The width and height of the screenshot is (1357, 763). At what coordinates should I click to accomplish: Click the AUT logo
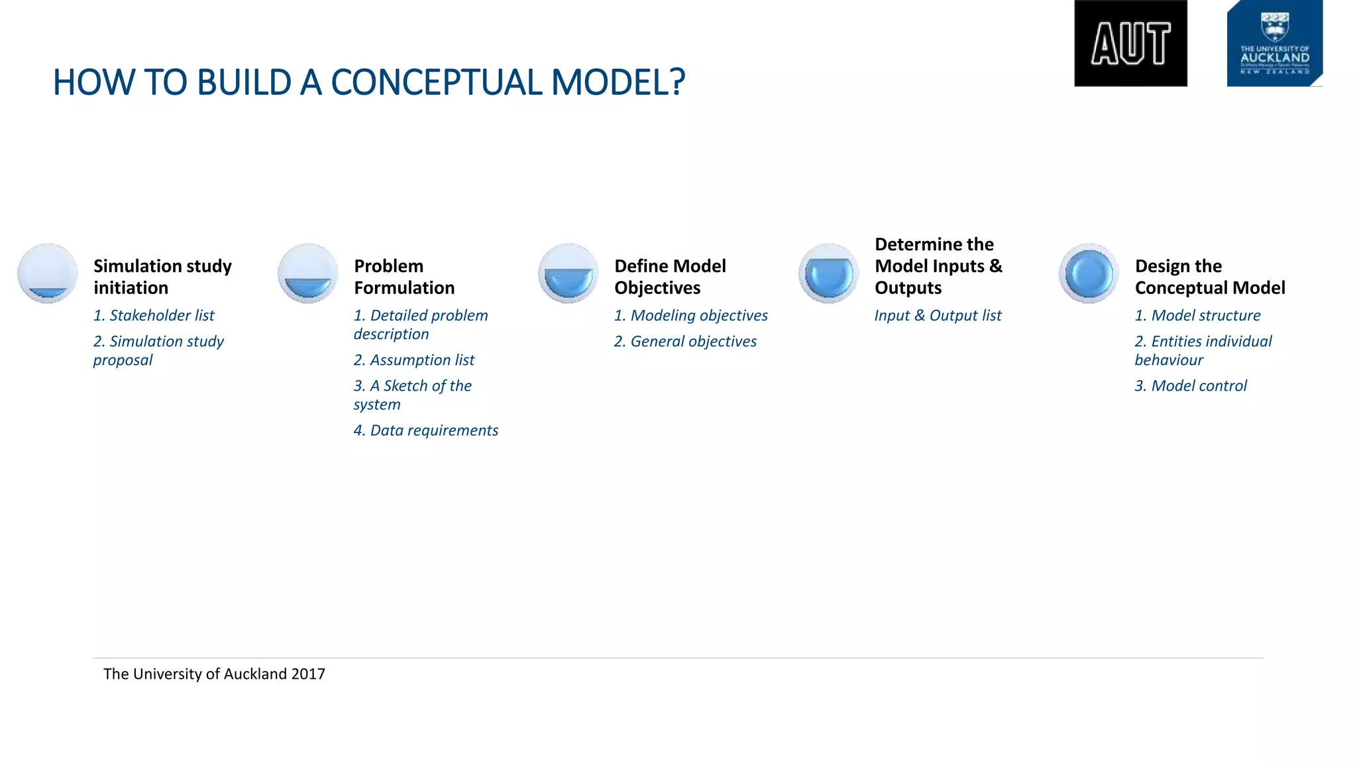coord(1130,44)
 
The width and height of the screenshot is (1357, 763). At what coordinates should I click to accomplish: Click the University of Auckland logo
coord(1274,44)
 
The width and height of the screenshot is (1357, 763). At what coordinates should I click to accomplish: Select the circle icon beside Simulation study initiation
coord(48,274)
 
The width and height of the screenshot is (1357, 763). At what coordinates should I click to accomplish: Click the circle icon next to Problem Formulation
coord(308,274)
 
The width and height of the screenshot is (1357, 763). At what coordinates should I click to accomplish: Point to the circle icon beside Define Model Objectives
coord(569,274)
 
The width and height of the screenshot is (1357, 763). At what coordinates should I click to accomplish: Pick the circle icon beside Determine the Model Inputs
coord(828,274)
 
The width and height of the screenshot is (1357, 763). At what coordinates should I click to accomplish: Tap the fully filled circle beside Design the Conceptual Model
coord(1089,274)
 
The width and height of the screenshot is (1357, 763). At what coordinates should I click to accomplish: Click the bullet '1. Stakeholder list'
coord(154,316)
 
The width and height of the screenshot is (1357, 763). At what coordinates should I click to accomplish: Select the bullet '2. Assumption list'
coord(414,360)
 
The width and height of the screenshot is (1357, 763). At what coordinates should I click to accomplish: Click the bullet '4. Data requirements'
coord(425,431)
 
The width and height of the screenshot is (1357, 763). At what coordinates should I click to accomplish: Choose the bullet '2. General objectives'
coord(685,342)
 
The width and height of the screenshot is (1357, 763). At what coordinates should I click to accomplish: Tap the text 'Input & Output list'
coord(938,316)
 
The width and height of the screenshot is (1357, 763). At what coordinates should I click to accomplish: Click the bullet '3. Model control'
coord(1191,386)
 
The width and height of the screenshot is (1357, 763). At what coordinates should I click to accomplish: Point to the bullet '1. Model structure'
coord(1197,316)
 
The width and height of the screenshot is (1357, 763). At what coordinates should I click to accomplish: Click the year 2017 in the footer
coord(308,674)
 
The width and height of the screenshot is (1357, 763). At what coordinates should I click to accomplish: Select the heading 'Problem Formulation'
coord(404,277)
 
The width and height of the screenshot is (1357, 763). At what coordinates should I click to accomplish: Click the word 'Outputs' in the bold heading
coord(908,288)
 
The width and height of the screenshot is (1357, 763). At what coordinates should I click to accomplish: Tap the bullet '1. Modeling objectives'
coord(690,316)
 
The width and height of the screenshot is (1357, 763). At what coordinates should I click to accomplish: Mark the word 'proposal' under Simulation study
coord(123,360)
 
